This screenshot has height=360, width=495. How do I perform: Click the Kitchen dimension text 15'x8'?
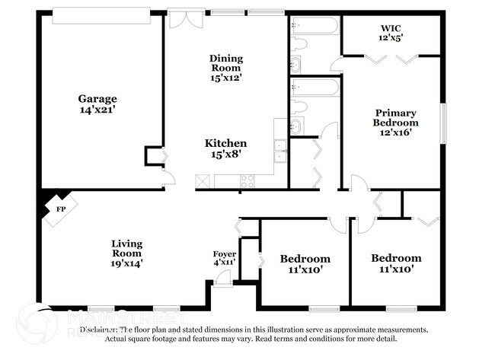(x=225, y=155)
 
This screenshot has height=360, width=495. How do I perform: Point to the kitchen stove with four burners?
(x=247, y=181)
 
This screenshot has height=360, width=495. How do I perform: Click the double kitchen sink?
(x=280, y=151)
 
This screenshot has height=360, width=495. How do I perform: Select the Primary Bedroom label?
(x=395, y=117)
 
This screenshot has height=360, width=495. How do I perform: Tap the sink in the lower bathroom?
(x=296, y=126)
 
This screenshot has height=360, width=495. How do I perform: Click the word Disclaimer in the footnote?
(x=99, y=330)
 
